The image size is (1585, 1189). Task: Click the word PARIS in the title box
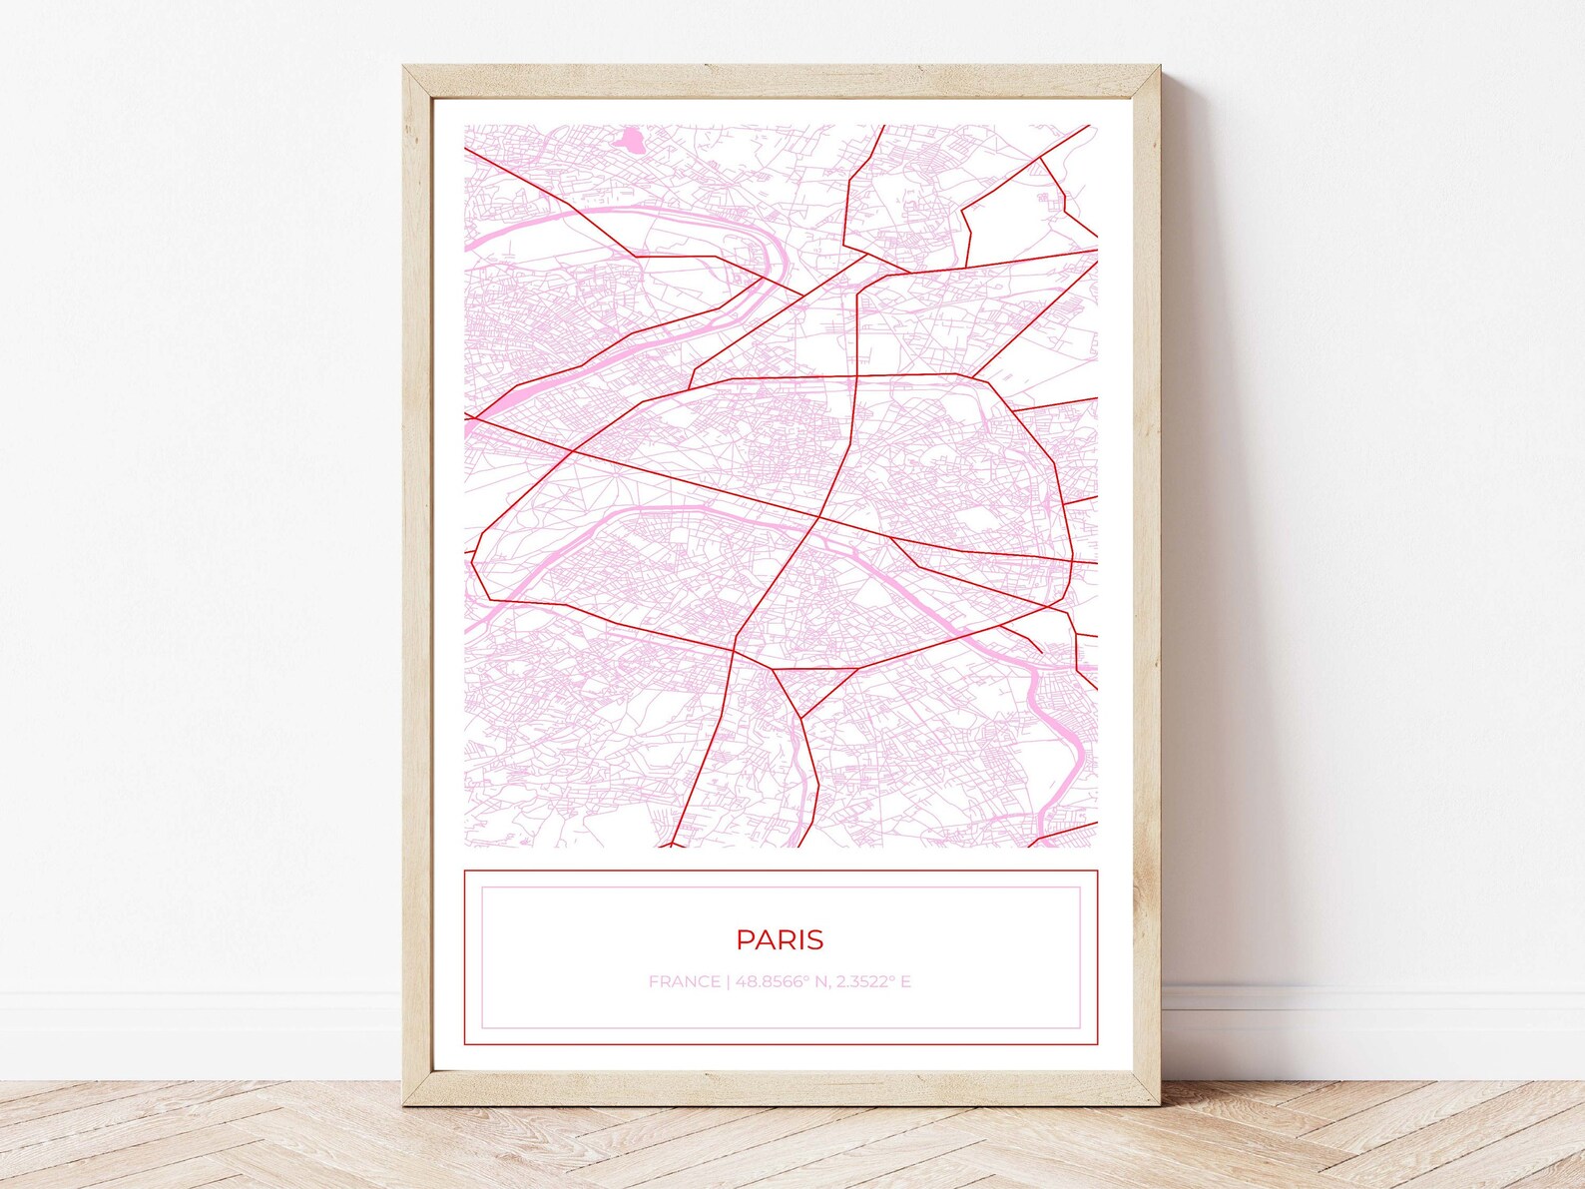pos(780,939)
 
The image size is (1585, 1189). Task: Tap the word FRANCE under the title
pos(684,981)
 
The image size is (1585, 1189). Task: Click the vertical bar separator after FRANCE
pos(729,981)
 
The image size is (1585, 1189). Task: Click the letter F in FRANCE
pos(654,981)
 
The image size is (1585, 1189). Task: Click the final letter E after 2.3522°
pos(905,981)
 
